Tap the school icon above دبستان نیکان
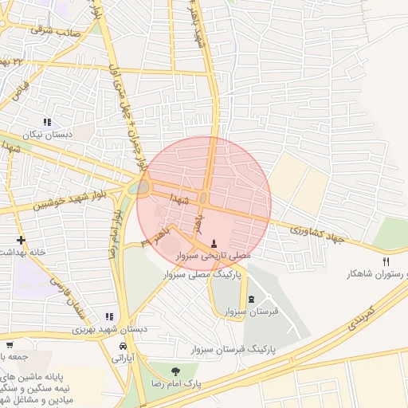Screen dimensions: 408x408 47,122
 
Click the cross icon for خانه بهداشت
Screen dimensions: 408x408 21,240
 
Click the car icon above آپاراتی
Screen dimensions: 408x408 123,347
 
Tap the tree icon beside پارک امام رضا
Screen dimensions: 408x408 175,371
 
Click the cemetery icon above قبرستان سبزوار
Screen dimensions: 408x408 252,299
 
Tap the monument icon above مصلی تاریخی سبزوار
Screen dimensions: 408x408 213,243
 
